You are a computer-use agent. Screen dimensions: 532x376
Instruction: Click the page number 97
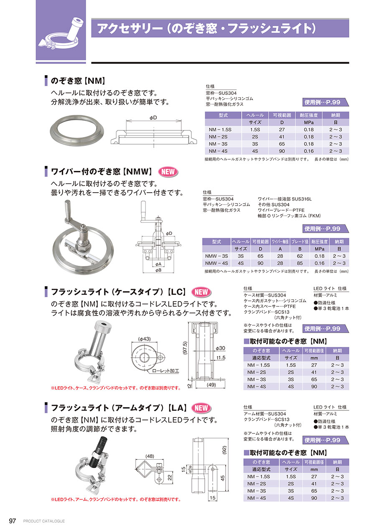tap(12, 521)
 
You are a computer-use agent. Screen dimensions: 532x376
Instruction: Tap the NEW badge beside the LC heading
tap(201, 292)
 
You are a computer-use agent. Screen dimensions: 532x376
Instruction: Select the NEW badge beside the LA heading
tap(201, 408)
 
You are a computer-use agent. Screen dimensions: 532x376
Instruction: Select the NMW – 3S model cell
tap(216, 256)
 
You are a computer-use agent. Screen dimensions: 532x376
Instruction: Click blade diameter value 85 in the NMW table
tap(300, 263)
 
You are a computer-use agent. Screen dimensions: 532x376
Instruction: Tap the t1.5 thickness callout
tap(221, 357)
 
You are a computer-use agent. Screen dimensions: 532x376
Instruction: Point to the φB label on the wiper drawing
tap(158, 270)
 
